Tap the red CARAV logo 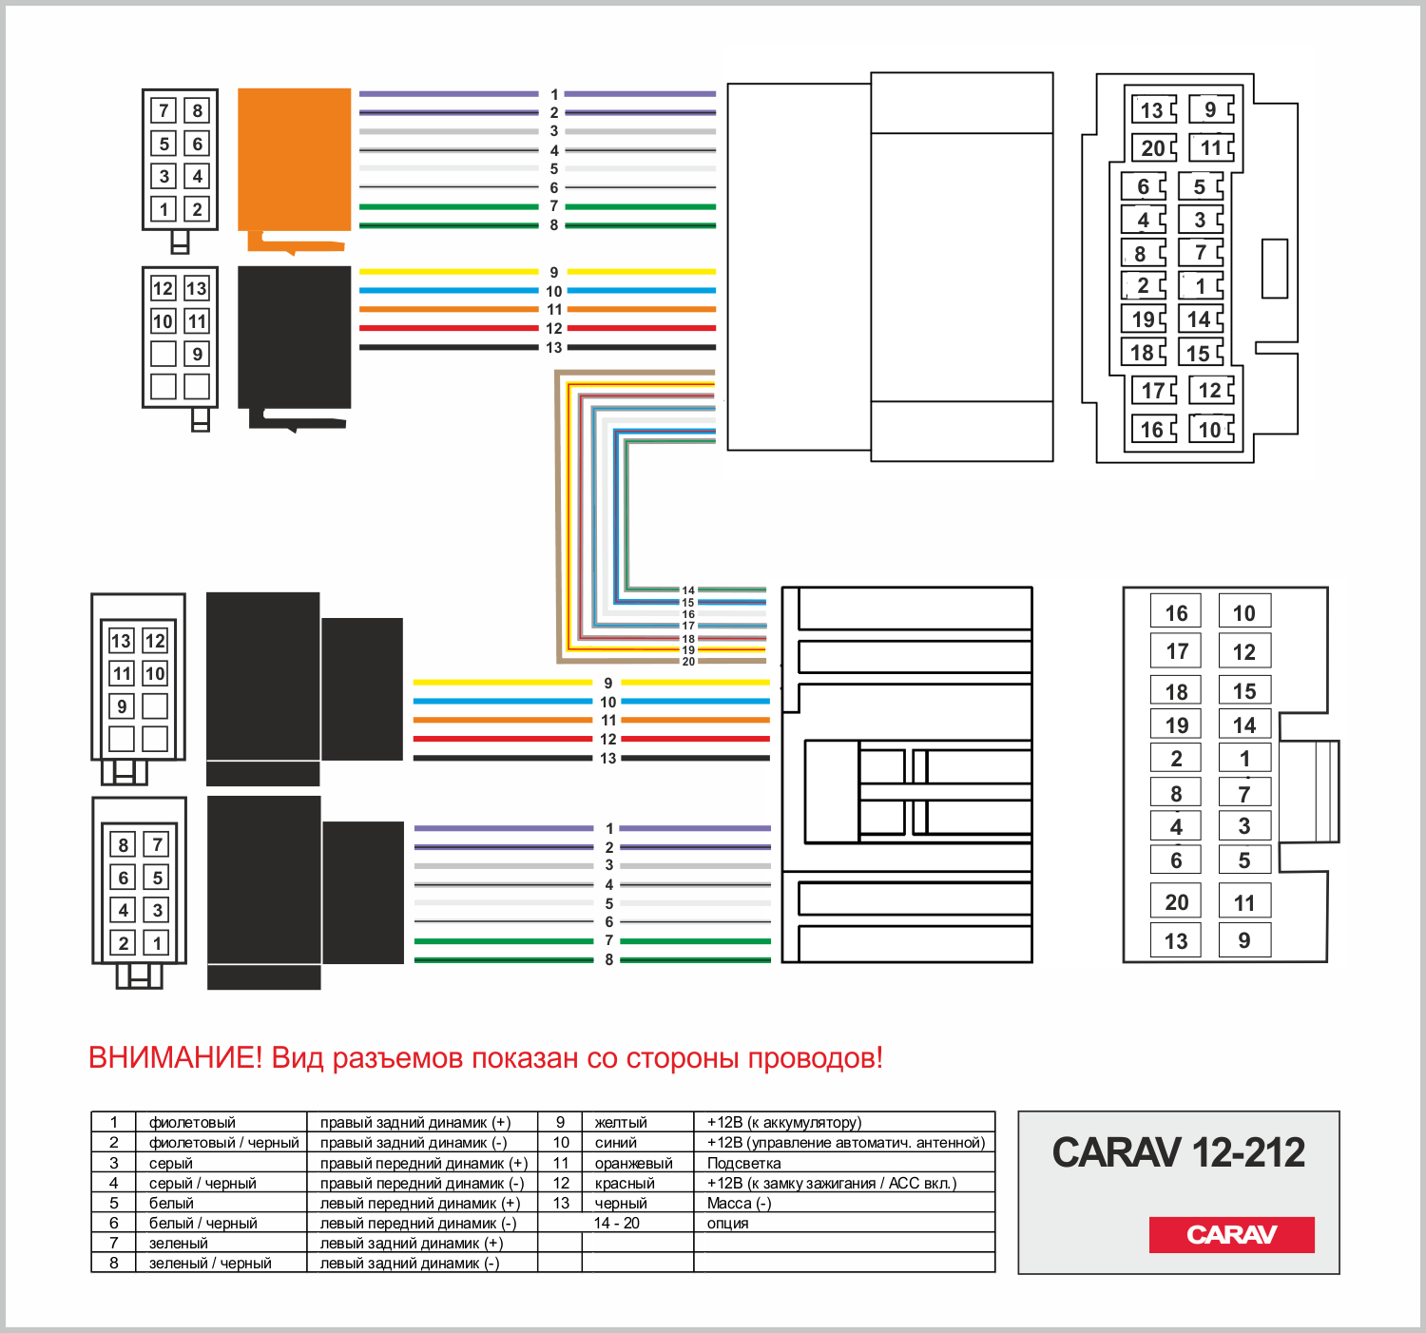pos(1231,1234)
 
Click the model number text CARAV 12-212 pos(1178,1152)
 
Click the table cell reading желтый pos(621,1122)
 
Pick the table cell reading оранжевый pos(633,1163)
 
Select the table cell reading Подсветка pos(744,1163)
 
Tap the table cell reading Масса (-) pos(739,1203)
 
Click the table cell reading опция pos(728,1223)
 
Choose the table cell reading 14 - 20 pos(617,1223)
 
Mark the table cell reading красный pos(625,1183)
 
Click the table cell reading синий pos(616,1142)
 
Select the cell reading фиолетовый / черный pos(223,1142)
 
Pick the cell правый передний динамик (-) pos(422,1183)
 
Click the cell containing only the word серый pos(171,1163)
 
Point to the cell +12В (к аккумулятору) pos(784,1122)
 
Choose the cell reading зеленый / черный pos(210,1263)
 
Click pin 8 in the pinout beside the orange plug pos(197,110)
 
